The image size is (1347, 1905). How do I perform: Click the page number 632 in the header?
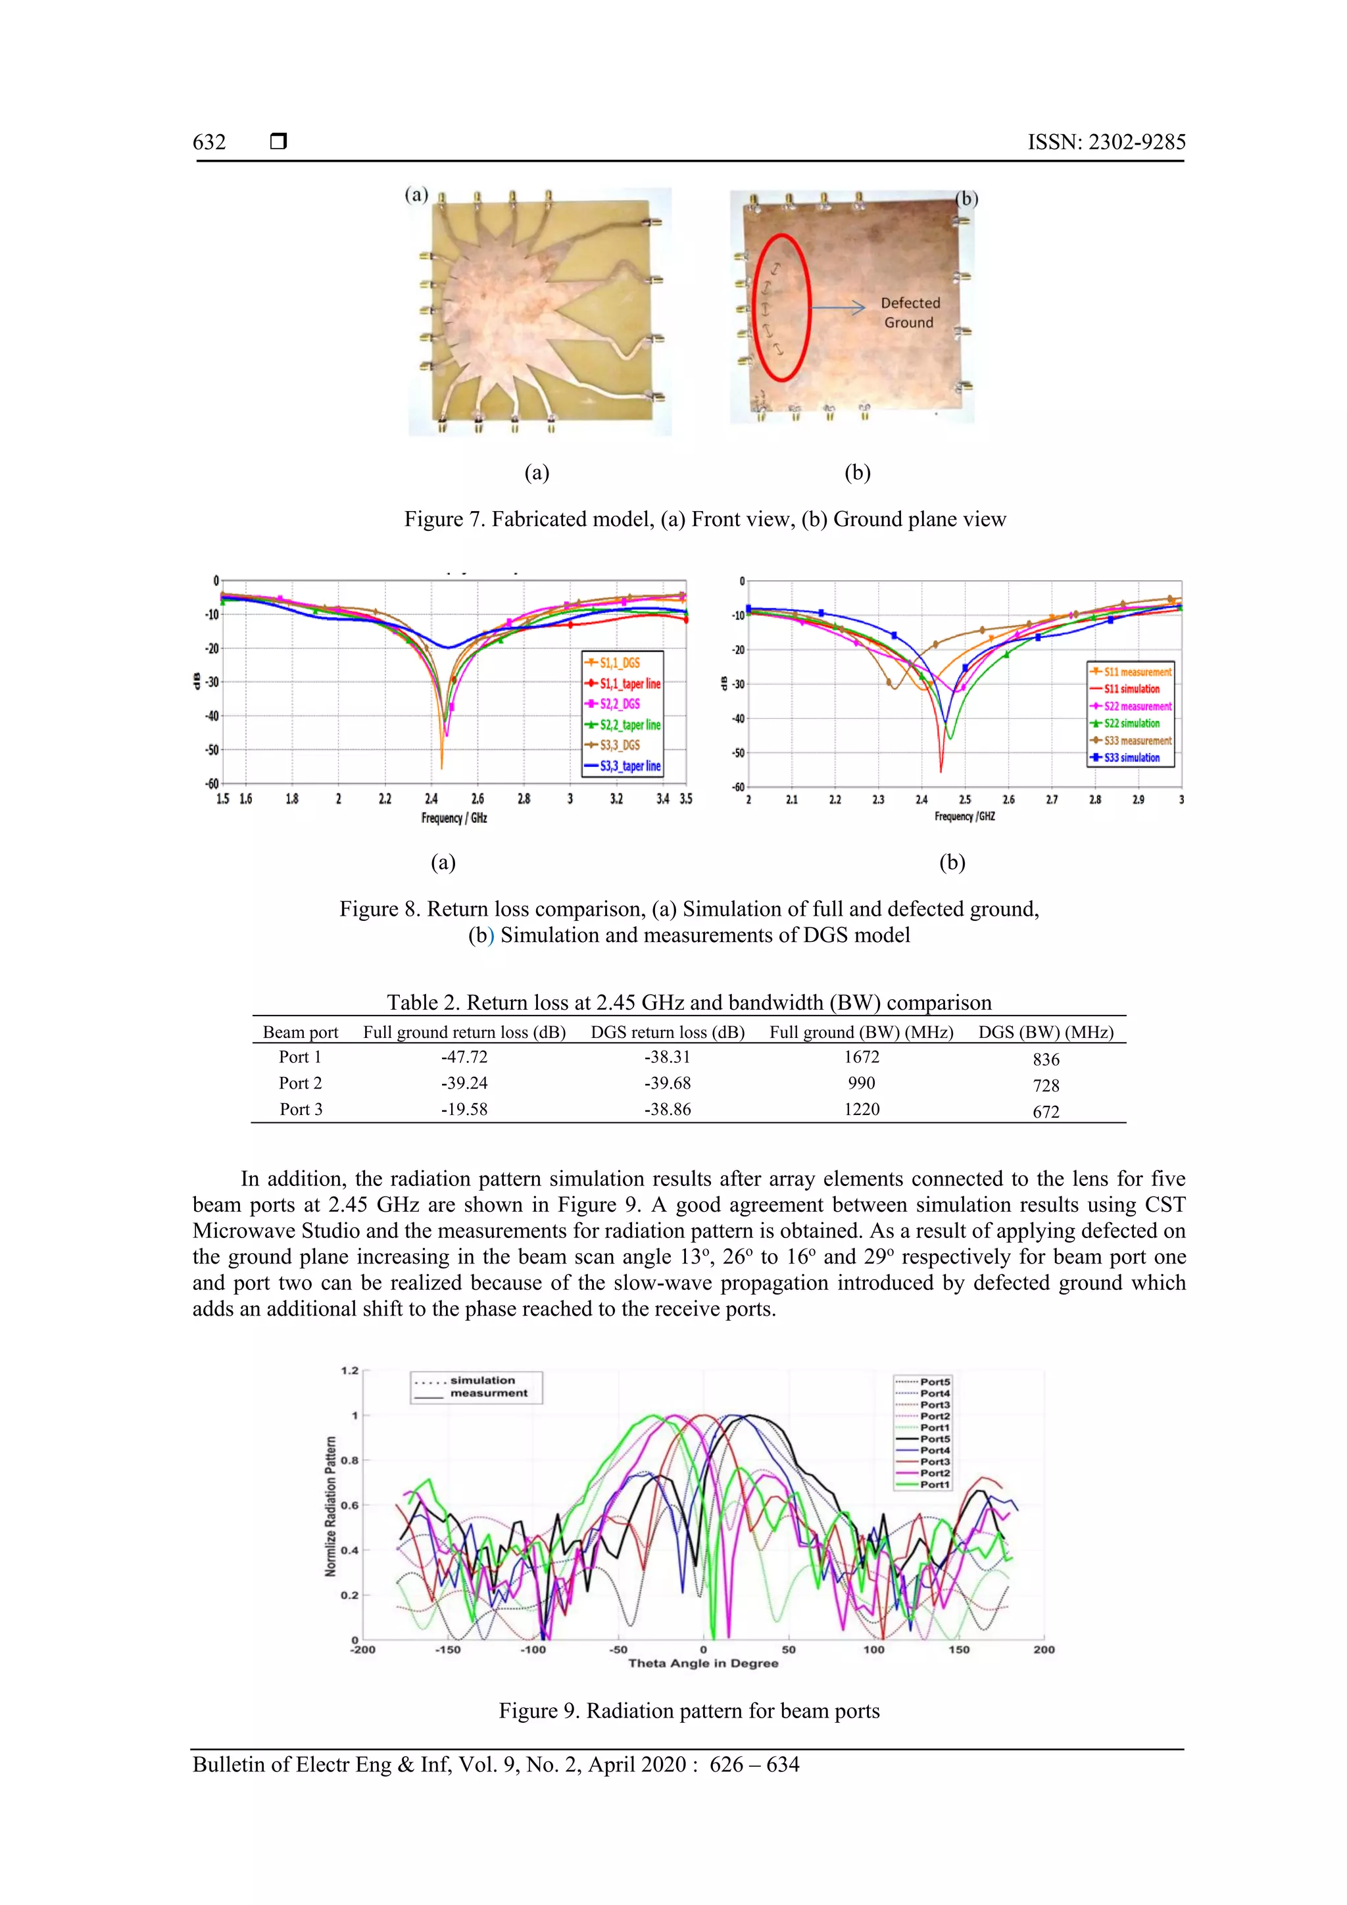[x=209, y=142]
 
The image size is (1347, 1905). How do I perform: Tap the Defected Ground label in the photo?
[x=910, y=313]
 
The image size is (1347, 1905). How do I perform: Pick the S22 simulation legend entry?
[x=1131, y=724]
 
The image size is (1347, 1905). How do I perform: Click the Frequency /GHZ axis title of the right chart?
[x=965, y=816]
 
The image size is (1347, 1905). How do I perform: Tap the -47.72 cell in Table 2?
[x=464, y=1057]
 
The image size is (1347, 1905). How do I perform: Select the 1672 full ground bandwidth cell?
[x=861, y=1057]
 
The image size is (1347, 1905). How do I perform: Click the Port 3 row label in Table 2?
[x=301, y=1109]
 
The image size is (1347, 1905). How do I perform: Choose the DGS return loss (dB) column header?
[x=667, y=1032]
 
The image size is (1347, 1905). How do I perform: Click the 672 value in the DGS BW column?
[x=1045, y=1112]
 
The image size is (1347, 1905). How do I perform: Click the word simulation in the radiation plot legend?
[x=482, y=1381]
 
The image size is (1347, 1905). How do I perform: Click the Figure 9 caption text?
[x=689, y=1711]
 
